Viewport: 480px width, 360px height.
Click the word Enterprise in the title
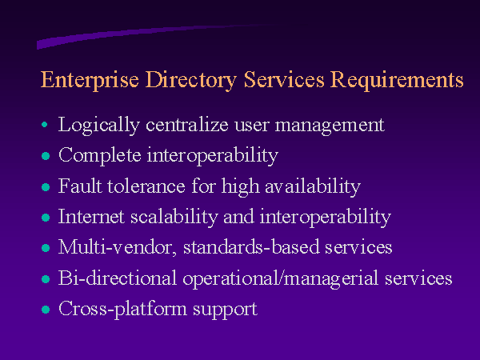pyautogui.click(x=90, y=80)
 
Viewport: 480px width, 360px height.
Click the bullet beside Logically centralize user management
pyautogui.click(x=44, y=125)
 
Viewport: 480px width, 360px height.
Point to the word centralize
pyautogui.click(x=187, y=125)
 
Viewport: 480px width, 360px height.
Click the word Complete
pyautogui.click(x=100, y=156)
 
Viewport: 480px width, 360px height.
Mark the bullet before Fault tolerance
pyautogui.click(x=46, y=186)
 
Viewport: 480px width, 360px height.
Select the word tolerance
pyautogui.click(x=146, y=186)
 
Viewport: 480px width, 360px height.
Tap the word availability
pyautogui.click(x=313, y=187)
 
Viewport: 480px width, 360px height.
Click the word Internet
pyautogui.click(x=91, y=217)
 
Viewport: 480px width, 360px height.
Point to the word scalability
pyautogui.click(x=174, y=218)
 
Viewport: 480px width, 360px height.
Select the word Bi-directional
pyautogui.click(x=118, y=278)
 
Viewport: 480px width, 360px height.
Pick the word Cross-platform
pyautogui.click(x=122, y=309)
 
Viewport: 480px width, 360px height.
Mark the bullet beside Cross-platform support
pyautogui.click(x=46, y=309)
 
